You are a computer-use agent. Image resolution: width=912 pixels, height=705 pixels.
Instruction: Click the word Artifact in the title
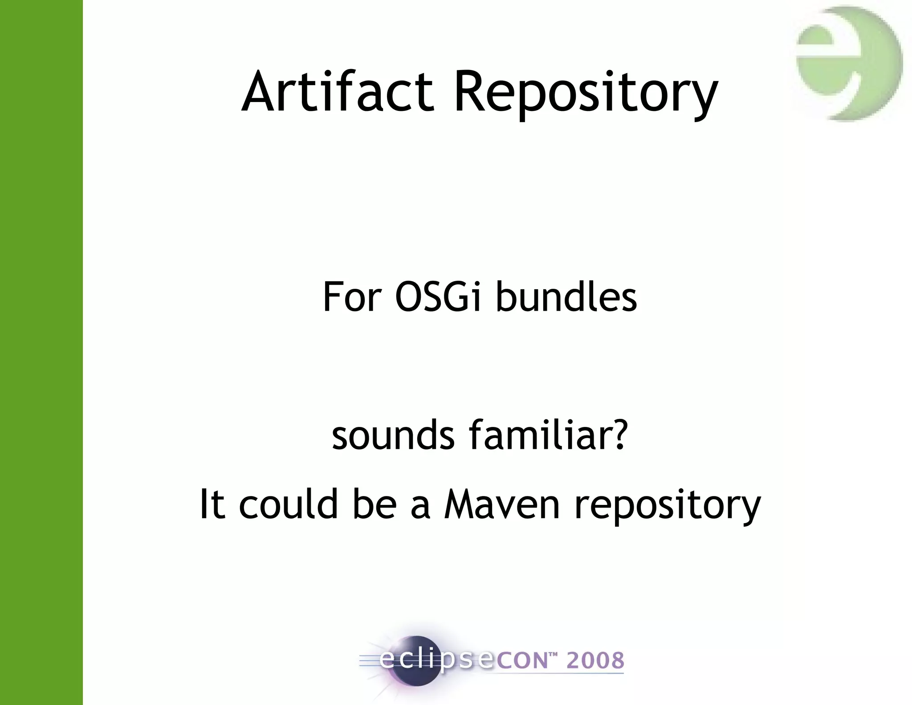tap(338, 92)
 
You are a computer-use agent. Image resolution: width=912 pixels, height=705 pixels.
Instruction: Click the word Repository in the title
tap(585, 94)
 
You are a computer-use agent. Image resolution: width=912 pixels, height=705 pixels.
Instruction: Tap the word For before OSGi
tap(352, 297)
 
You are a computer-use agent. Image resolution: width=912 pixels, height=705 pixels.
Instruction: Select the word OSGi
tap(438, 297)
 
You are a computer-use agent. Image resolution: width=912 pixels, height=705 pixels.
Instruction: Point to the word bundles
tap(566, 297)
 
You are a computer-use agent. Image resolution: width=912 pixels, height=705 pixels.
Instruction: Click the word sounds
tap(393, 435)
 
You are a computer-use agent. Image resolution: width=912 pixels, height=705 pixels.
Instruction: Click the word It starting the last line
tap(212, 504)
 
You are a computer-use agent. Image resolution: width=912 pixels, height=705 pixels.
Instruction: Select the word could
tap(289, 504)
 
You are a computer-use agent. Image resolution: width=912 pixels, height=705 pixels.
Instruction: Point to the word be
tap(374, 504)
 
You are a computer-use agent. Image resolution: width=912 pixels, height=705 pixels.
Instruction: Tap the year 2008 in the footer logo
tap(595, 660)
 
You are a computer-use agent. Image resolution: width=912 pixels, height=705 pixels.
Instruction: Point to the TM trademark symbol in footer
tap(553, 655)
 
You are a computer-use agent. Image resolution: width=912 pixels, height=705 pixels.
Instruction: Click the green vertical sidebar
tap(41, 352)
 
